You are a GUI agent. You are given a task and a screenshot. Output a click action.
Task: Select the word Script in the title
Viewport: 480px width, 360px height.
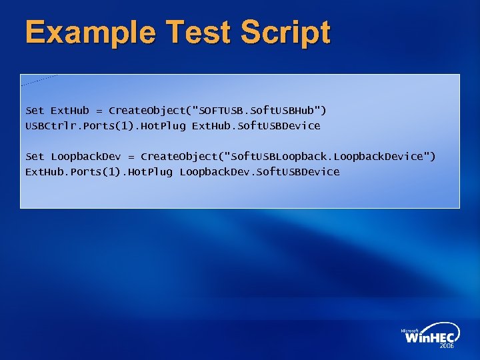tap(287, 33)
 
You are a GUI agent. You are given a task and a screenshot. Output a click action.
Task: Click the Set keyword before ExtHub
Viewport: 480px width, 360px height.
tap(35, 110)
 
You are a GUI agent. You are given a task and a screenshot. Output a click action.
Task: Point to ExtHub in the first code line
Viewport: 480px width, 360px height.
tap(70, 110)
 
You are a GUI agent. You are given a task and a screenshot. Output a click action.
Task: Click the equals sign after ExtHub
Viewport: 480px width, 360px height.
tap(99, 111)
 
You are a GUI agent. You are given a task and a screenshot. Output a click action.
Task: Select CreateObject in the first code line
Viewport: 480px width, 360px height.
tap(147, 110)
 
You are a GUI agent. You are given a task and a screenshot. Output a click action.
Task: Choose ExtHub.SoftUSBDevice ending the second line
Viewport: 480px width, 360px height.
tap(256, 125)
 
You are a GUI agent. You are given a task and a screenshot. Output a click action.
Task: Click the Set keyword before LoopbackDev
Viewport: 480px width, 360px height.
tap(35, 156)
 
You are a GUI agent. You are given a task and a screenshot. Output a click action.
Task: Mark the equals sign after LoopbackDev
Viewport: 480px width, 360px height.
tap(131, 157)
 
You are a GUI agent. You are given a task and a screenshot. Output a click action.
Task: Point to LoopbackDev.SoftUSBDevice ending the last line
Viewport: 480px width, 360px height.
tap(259, 171)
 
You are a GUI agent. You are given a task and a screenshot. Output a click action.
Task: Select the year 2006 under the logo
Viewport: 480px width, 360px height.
tap(447, 347)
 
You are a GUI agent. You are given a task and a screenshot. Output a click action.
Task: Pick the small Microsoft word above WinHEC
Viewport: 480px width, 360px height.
tap(409, 330)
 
